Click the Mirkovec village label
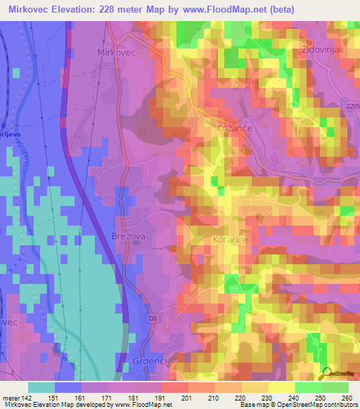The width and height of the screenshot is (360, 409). coord(115,52)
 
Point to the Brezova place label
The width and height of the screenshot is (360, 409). coord(128,237)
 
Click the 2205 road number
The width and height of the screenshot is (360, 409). coord(351,106)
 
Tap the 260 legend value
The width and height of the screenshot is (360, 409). coord(347,398)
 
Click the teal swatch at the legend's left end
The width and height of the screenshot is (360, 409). coord(41,387)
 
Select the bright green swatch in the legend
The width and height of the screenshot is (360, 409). coord(308,387)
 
